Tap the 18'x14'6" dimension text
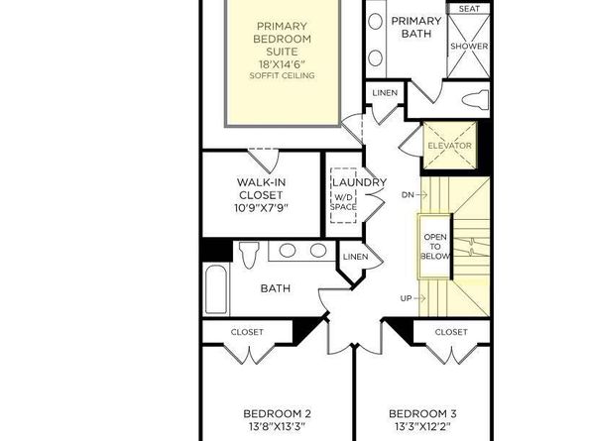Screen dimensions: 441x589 click(283, 60)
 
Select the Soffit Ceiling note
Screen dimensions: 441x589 click(283, 75)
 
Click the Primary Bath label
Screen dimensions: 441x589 click(415, 27)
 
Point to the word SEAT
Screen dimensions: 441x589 click(468, 9)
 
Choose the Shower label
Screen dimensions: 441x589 click(468, 46)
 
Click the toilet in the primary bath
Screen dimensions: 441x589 click(474, 99)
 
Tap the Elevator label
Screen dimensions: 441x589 click(449, 147)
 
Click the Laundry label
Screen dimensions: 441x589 click(358, 182)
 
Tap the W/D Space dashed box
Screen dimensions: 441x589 click(343, 201)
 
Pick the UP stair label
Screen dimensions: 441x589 click(406, 297)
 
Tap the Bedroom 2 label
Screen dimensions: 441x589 click(278, 413)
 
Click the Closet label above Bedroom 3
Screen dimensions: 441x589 click(451, 332)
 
